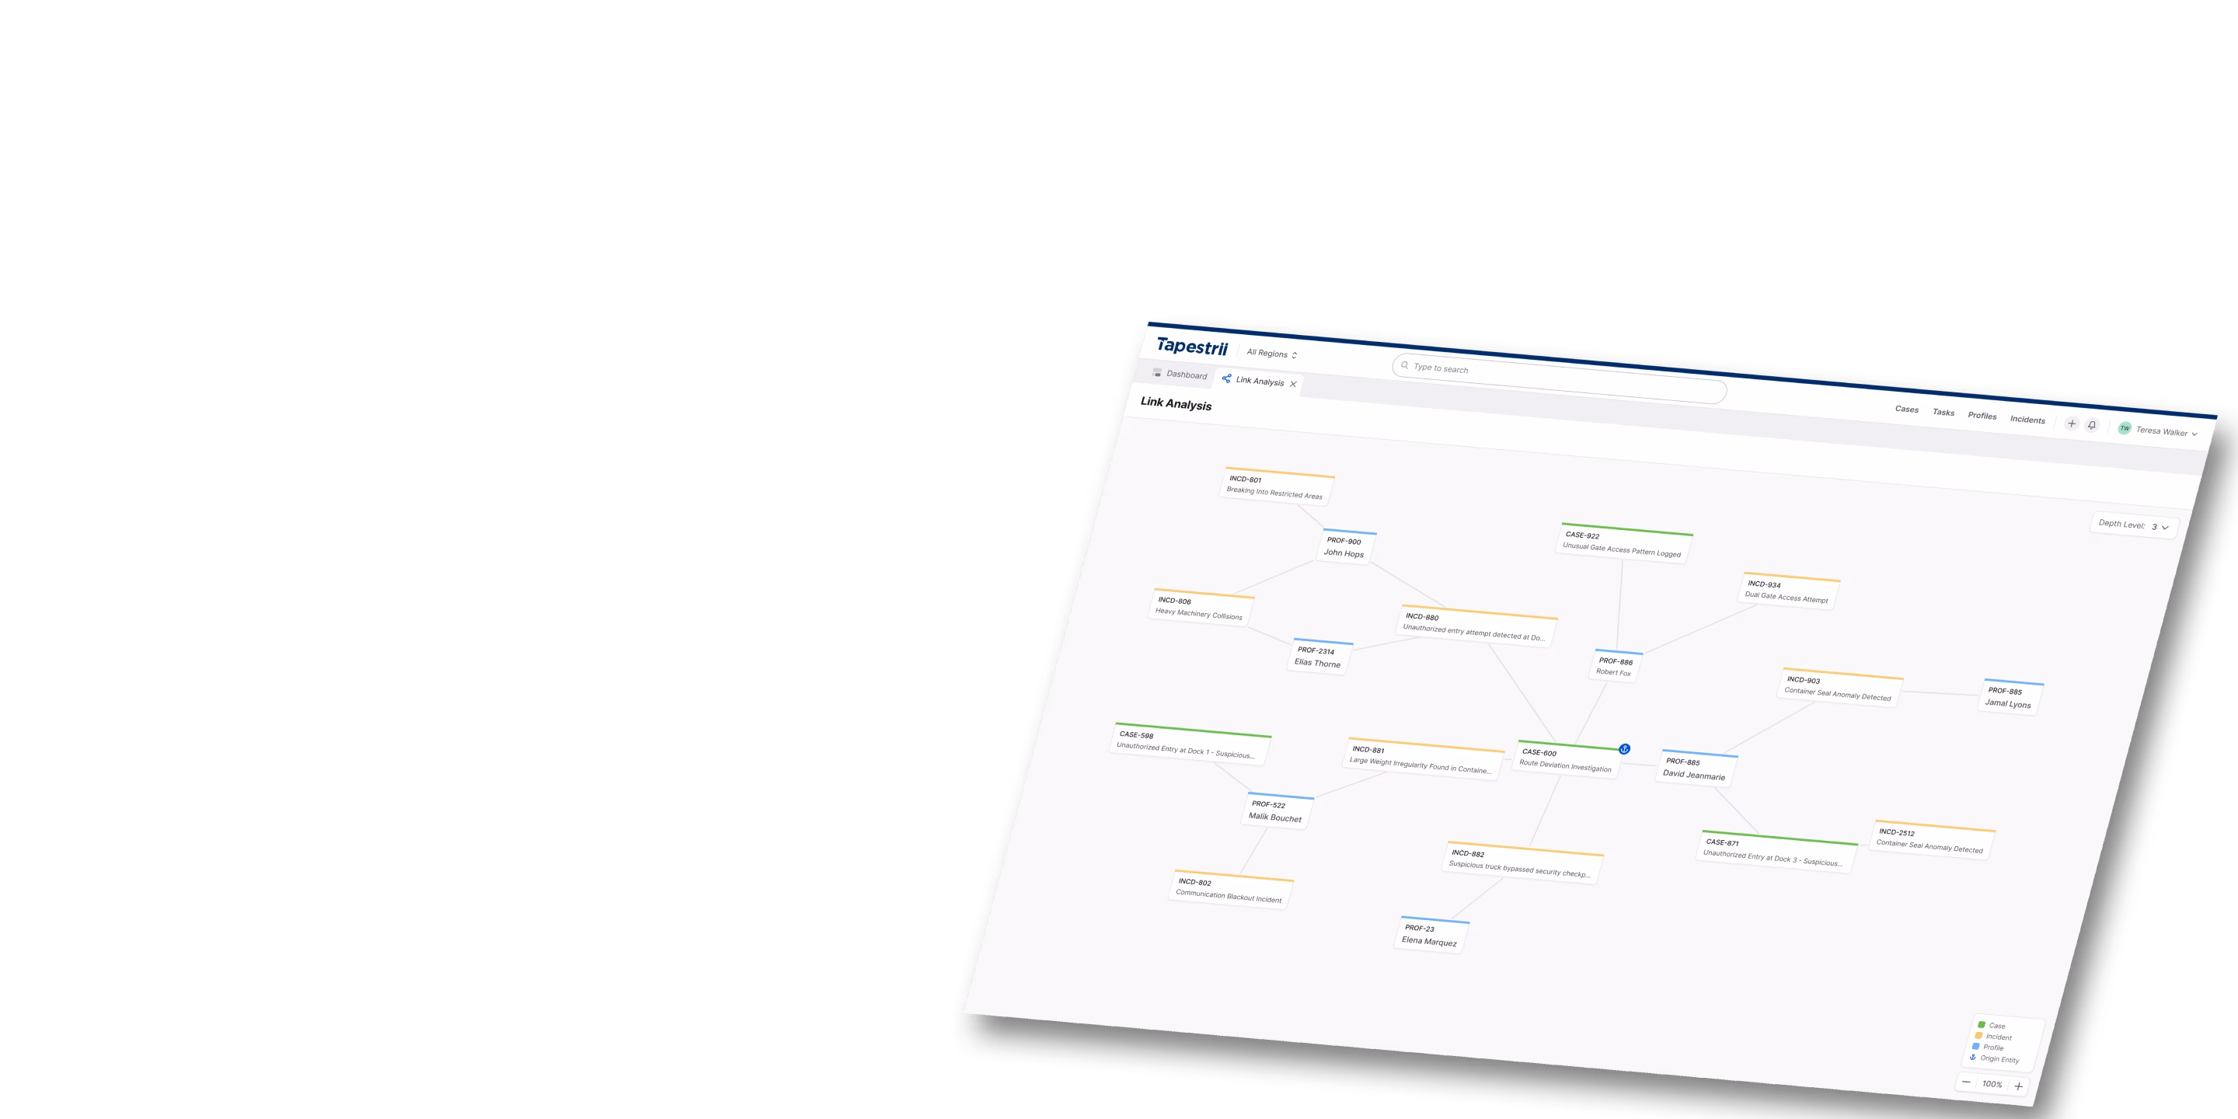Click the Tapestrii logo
[1191, 347]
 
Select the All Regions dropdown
[1271, 354]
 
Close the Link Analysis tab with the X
[1293, 384]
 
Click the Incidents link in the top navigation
[2027, 420]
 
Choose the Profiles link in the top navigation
[1982, 415]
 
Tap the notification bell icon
[2092, 425]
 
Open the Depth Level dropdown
[2134, 525]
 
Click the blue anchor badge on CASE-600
[1624, 749]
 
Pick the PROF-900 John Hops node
[1344, 547]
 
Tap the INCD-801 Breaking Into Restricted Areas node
[1274, 486]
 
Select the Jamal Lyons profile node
[2009, 698]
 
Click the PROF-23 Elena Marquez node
[1430, 936]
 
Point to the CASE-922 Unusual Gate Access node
[1622, 543]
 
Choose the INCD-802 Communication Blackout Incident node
[1229, 890]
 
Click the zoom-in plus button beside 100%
[2018, 1086]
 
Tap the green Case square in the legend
[1982, 1024]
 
